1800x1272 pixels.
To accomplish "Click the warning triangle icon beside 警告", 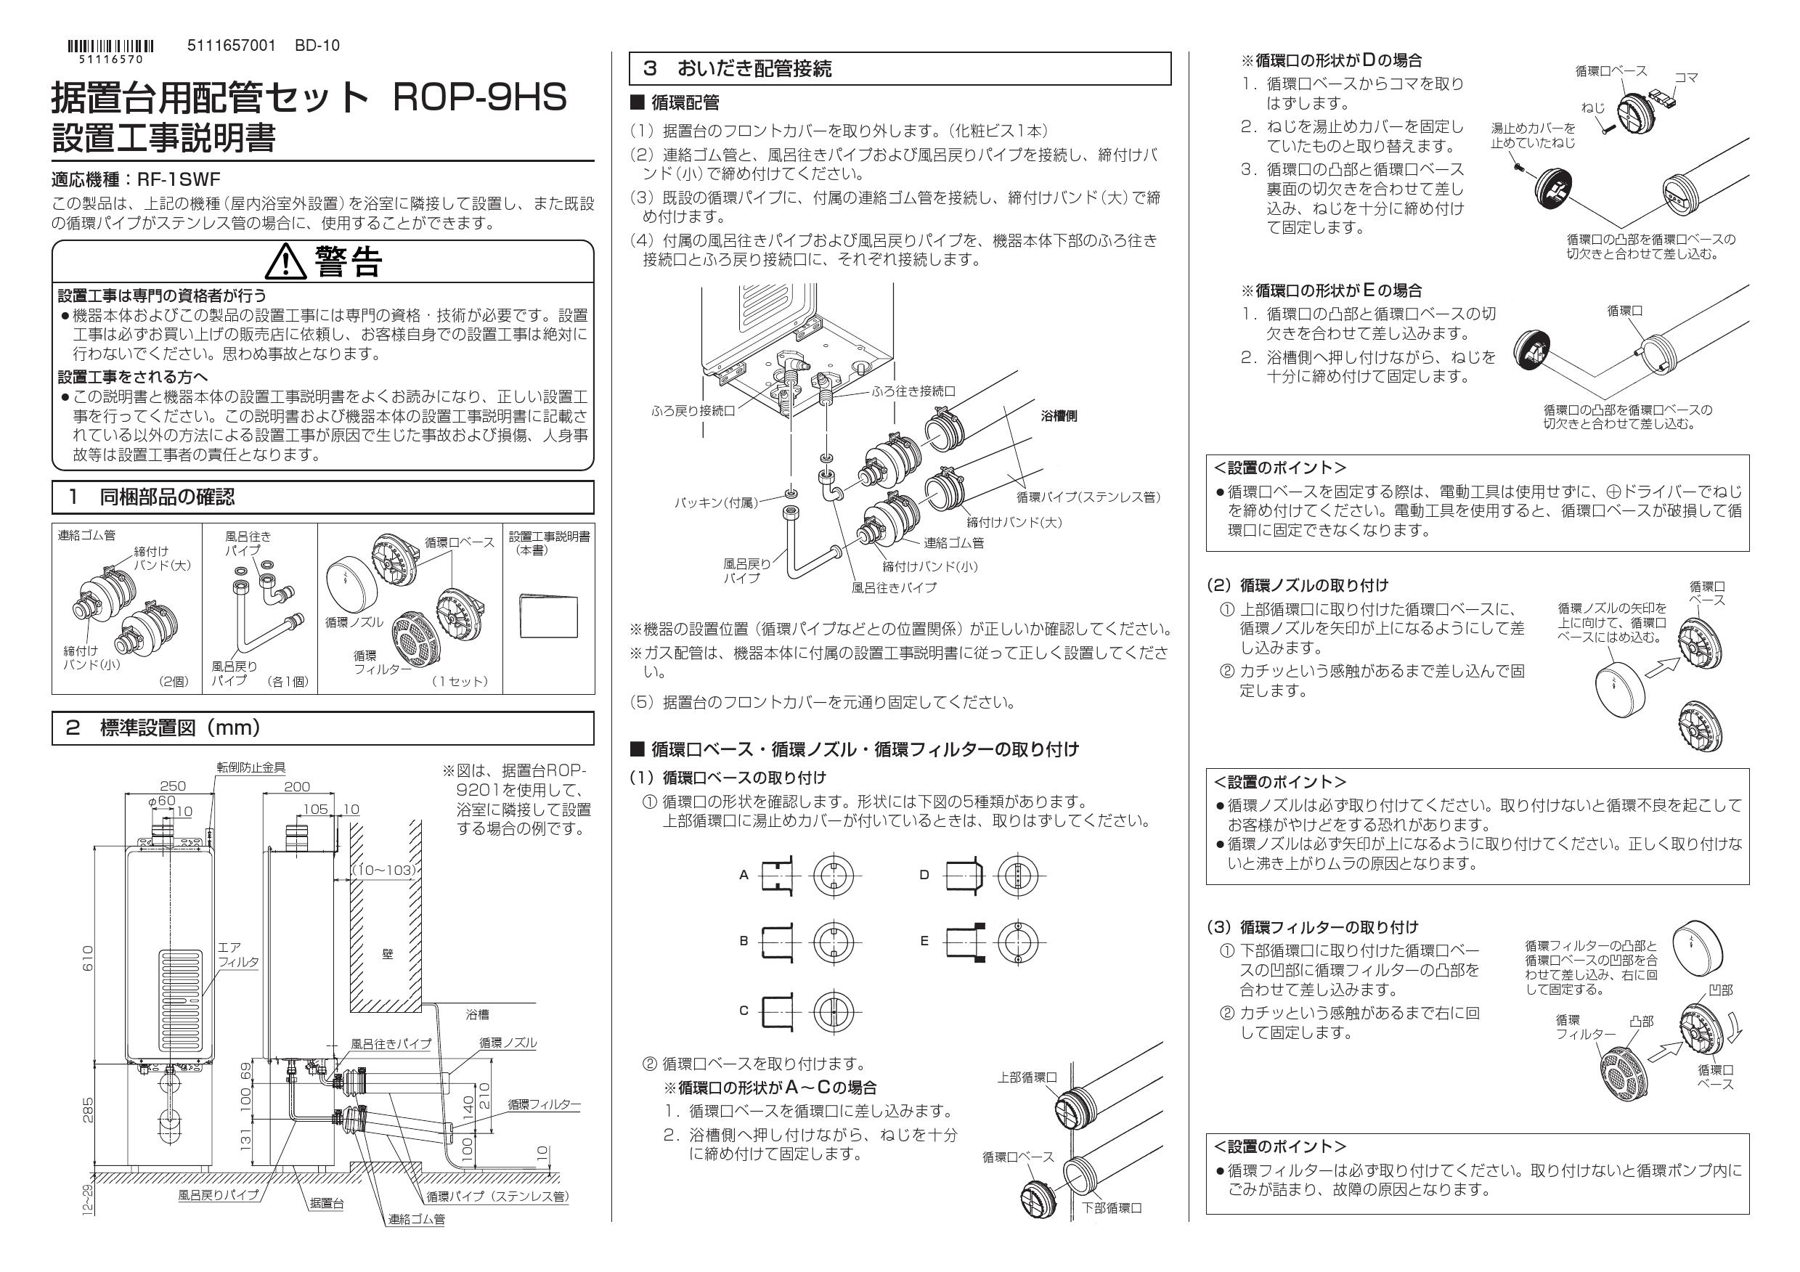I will (285, 262).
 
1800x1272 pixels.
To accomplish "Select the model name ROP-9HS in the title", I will (478, 99).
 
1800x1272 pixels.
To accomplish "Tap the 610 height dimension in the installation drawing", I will (88, 958).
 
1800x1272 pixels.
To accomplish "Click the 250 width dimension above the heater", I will (173, 786).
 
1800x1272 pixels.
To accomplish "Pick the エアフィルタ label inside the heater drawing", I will (237, 954).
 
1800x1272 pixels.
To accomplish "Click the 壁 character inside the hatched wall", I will (387, 954).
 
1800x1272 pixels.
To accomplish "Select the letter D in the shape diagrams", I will (924, 875).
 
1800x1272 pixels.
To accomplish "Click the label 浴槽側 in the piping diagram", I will (1059, 416).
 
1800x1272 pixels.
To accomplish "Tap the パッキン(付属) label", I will (716, 502).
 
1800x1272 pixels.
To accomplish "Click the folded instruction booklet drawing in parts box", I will (548, 614).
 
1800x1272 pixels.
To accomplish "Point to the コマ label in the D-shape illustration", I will (1685, 78).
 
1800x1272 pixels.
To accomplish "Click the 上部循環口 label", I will (1027, 1077).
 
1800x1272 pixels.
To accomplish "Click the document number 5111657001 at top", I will (232, 46).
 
